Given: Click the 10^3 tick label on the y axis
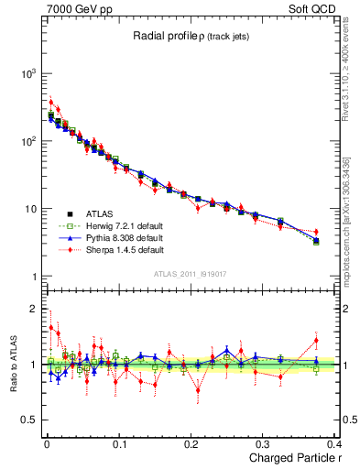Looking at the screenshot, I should coord(24,73).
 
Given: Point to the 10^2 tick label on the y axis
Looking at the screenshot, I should coord(24,141).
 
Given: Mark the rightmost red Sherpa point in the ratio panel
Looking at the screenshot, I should coord(316,341).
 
